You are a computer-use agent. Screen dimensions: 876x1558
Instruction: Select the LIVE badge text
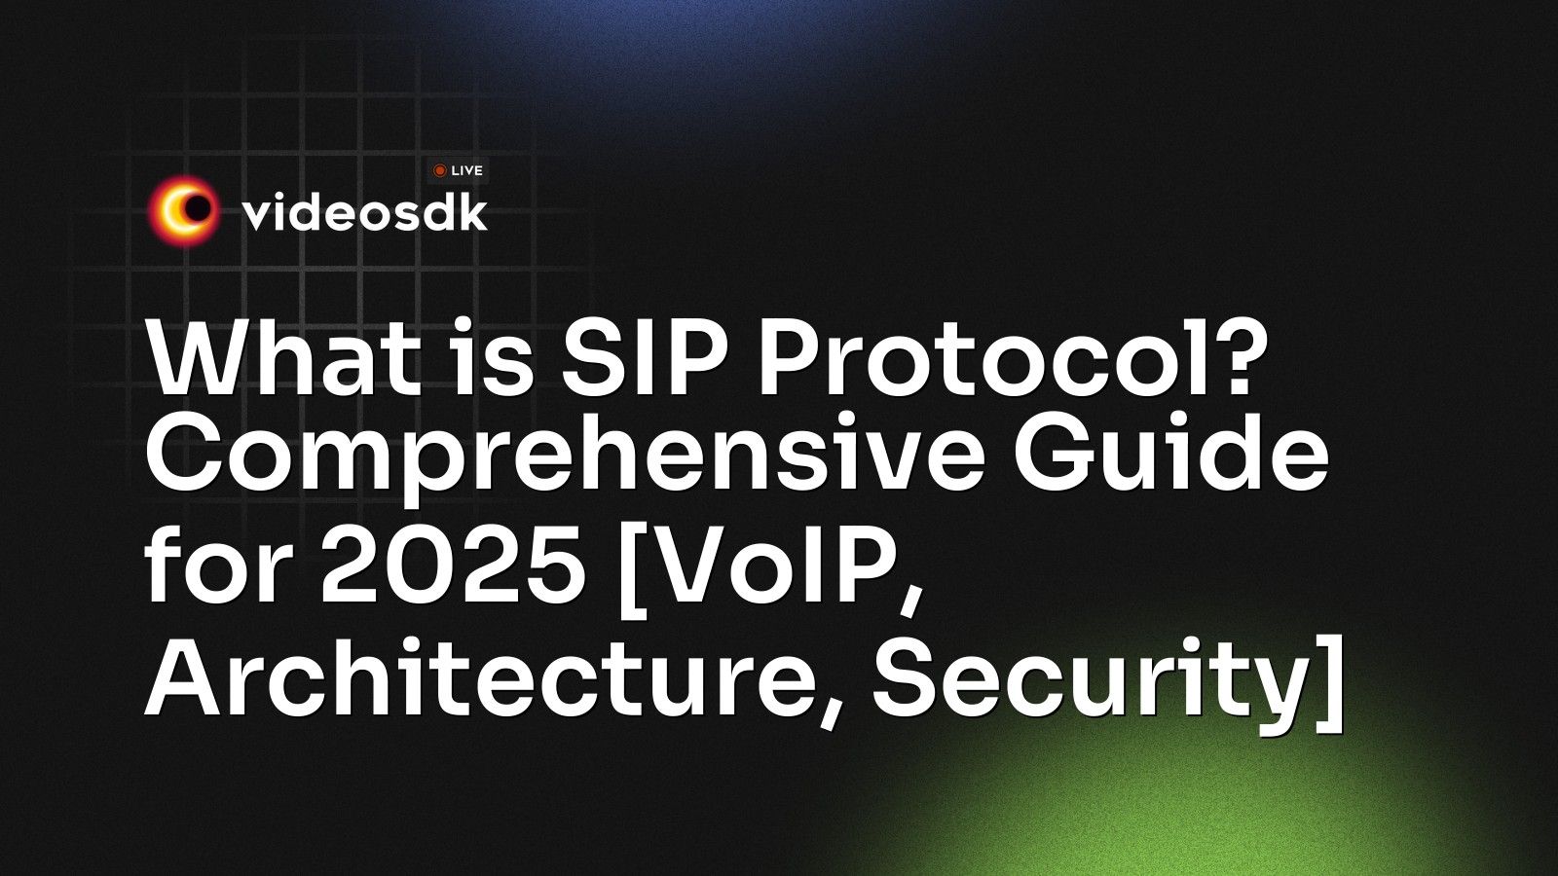467,170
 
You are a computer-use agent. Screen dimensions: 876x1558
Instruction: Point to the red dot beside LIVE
439,170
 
